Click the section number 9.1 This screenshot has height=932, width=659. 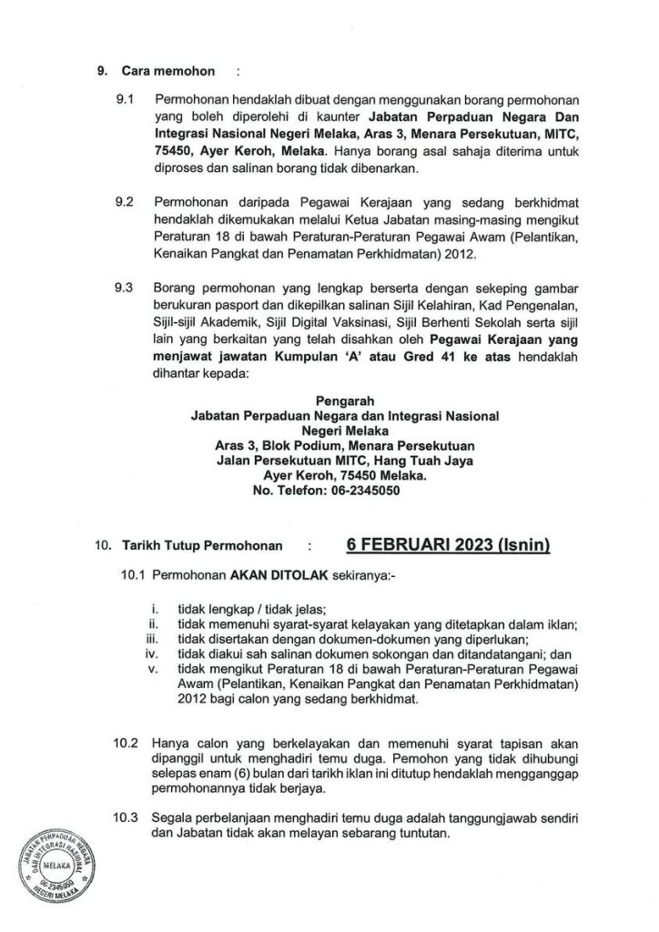click(x=124, y=96)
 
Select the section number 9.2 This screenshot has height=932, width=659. click(x=124, y=198)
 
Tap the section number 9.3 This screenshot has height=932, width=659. click(x=124, y=288)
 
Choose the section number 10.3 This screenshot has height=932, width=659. click(x=126, y=815)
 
